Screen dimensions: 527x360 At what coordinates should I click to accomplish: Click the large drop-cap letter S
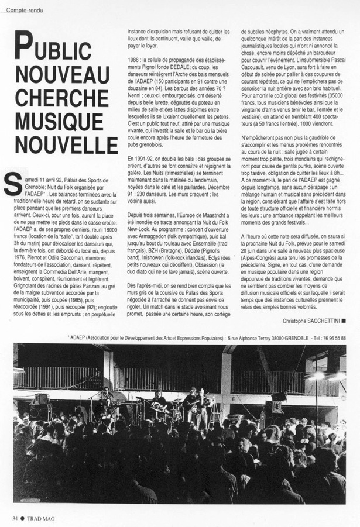12,182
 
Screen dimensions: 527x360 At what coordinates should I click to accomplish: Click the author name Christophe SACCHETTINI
311,321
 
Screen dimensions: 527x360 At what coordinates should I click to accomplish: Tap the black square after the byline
343,321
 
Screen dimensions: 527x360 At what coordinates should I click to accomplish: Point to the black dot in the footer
23,518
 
